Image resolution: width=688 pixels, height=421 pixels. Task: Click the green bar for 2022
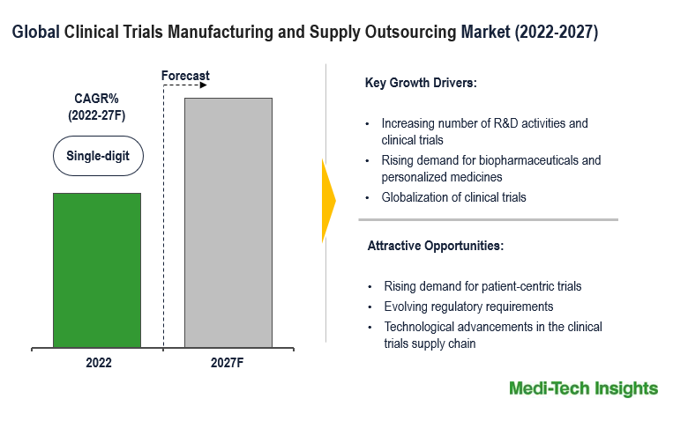pyautogui.click(x=97, y=270)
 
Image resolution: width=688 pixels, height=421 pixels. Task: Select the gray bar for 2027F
pyautogui.click(x=228, y=222)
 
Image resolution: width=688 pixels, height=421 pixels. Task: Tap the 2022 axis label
pyautogui.click(x=98, y=362)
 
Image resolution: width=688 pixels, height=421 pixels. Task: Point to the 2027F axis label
pyautogui.click(x=228, y=362)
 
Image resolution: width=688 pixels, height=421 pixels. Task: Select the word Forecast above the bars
pyautogui.click(x=185, y=76)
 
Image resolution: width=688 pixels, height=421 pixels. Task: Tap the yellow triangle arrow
pyautogui.click(x=329, y=200)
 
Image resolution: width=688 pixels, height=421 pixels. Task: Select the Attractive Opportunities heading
pyautogui.click(x=436, y=246)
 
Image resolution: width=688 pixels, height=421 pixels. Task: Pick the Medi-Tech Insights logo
pyautogui.click(x=583, y=388)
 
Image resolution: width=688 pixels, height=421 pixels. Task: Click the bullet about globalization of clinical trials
pyautogui.click(x=453, y=197)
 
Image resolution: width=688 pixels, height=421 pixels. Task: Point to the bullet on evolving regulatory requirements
pyautogui.click(x=468, y=307)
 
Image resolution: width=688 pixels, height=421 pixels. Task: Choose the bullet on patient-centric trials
pyautogui.click(x=482, y=286)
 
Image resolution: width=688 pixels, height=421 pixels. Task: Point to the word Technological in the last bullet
pyautogui.click(x=421, y=327)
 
